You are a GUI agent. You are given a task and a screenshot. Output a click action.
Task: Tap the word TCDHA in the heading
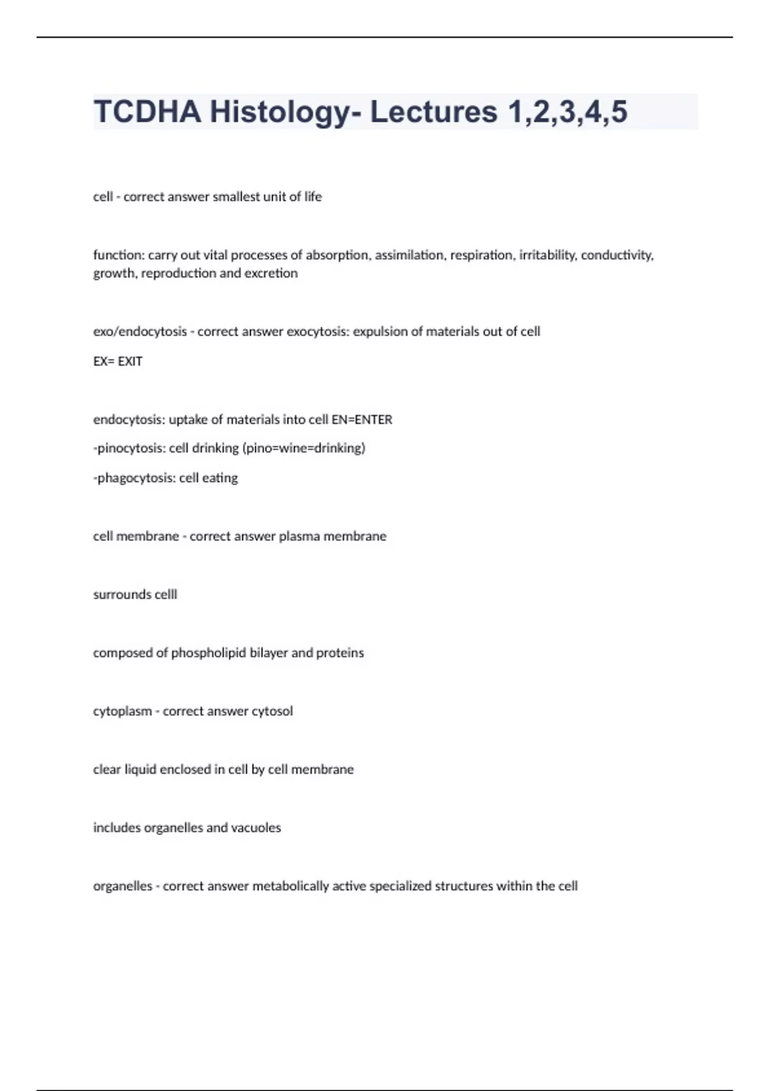[x=147, y=112]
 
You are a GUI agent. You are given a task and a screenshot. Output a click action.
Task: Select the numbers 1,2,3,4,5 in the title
[x=568, y=112]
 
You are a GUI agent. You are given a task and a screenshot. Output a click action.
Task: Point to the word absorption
[x=338, y=255]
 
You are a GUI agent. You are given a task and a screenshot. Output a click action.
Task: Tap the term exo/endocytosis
[x=140, y=332]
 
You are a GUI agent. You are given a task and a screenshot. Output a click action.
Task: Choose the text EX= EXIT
[x=118, y=361]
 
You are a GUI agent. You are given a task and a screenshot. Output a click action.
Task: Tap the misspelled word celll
[x=164, y=595]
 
